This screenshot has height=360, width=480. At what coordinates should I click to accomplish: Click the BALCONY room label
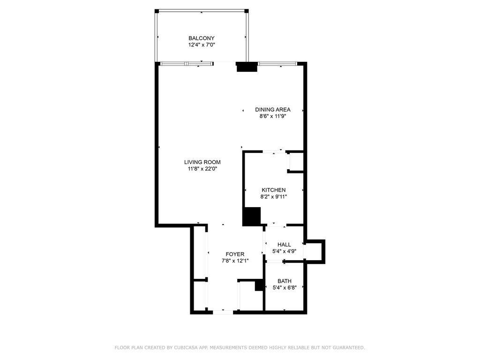click(x=202, y=38)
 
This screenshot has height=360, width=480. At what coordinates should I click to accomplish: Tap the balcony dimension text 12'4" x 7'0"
click(x=202, y=45)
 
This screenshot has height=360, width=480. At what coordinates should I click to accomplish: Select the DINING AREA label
click(x=273, y=110)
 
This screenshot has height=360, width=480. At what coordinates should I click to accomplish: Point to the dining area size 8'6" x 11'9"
click(x=273, y=116)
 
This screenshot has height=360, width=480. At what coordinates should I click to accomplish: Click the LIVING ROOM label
click(x=202, y=162)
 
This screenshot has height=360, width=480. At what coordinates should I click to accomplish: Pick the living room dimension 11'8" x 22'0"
click(x=202, y=169)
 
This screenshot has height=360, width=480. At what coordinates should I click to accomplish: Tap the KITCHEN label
click(x=274, y=190)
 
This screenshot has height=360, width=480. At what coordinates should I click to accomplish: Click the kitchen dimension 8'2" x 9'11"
click(x=274, y=197)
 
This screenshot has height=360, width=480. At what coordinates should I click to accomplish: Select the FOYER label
click(x=235, y=254)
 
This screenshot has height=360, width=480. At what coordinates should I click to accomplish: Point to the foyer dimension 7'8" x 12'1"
click(x=235, y=261)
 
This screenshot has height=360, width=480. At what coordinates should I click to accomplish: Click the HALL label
click(x=284, y=245)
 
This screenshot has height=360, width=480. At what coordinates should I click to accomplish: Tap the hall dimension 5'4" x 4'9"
click(x=284, y=251)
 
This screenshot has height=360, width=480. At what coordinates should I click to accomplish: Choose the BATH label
click(x=285, y=281)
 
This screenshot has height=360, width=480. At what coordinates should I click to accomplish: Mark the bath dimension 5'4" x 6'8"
click(x=285, y=287)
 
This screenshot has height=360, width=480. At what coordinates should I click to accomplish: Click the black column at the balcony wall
click(x=247, y=67)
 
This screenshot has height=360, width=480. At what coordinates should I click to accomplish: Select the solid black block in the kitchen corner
click(x=252, y=217)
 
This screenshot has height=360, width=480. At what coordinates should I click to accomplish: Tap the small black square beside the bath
click(x=259, y=285)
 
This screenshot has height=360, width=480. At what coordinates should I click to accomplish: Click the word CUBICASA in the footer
click(x=186, y=347)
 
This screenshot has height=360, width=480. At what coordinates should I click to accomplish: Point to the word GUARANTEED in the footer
click(x=348, y=347)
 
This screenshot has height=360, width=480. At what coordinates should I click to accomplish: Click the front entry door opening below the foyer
click(x=223, y=312)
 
